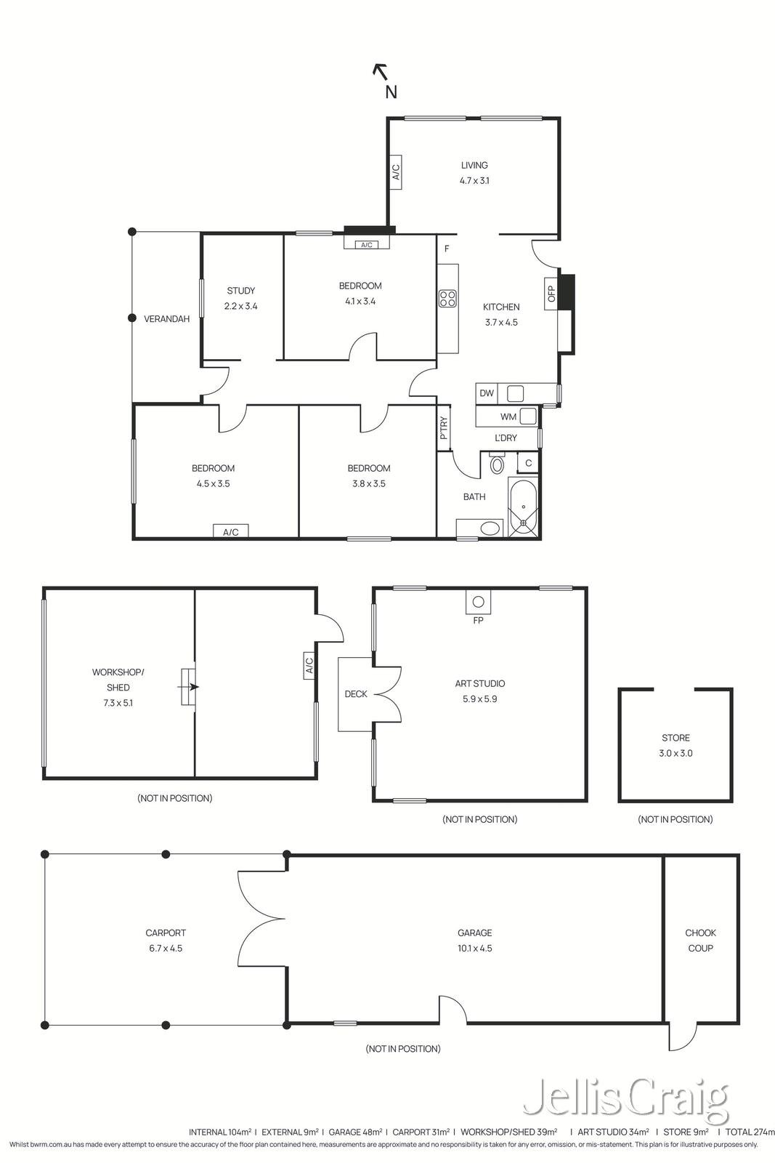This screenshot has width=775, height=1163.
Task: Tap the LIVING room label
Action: [x=474, y=165]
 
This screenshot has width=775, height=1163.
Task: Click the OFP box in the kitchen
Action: [x=551, y=293]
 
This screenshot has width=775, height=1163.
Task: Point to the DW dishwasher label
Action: [x=487, y=393]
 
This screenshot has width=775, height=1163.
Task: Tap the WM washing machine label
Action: [x=508, y=416]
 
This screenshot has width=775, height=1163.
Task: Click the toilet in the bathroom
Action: [x=498, y=464]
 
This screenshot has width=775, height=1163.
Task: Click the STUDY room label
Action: [x=240, y=291]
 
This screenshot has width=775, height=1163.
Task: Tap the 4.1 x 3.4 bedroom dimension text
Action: [x=360, y=301]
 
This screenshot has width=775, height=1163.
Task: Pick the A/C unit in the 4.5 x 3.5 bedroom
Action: [x=230, y=531]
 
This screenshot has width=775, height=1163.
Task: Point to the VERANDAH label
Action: [x=166, y=318]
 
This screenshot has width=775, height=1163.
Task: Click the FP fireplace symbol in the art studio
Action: [x=478, y=602]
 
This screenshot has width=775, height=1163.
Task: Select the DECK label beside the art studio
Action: [x=356, y=694]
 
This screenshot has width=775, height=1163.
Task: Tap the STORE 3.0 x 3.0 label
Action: [x=675, y=745]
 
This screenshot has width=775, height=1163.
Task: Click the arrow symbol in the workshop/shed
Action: [x=190, y=686]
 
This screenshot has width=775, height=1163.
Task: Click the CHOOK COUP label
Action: [x=700, y=940]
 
